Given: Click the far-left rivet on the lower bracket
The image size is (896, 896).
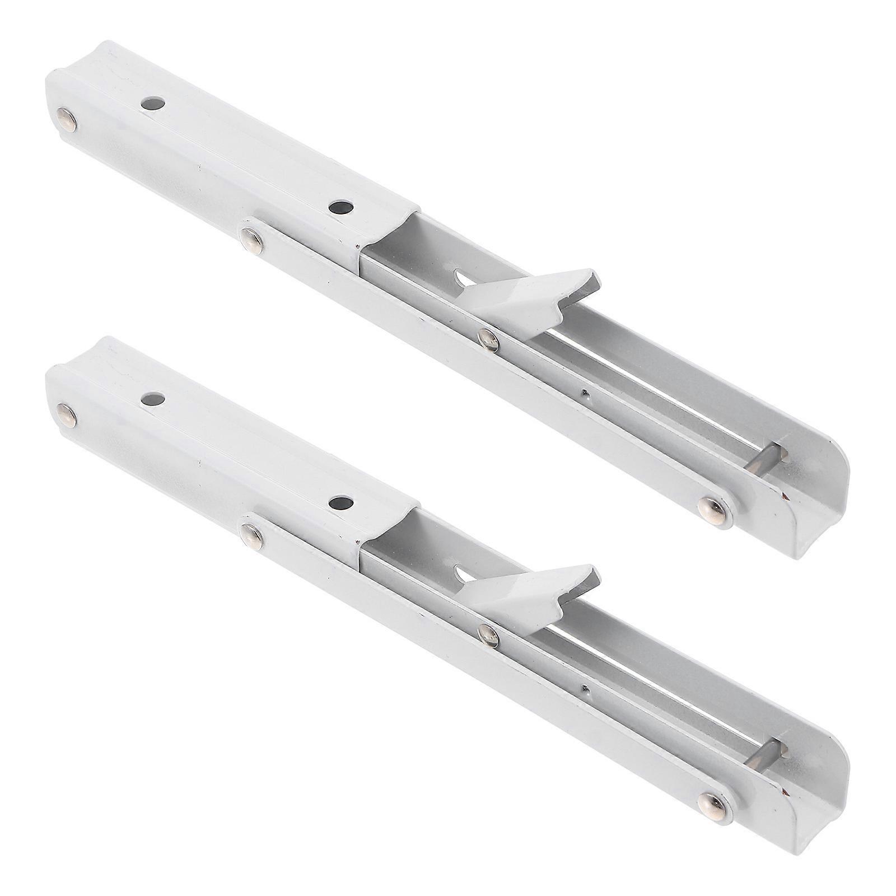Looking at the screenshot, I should pyautogui.click(x=67, y=415).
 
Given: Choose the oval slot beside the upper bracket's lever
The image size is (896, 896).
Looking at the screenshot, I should pyautogui.click(x=463, y=276).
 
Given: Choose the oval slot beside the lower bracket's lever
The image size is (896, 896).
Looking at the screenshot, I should pyautogui.click(x=463, y=572).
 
